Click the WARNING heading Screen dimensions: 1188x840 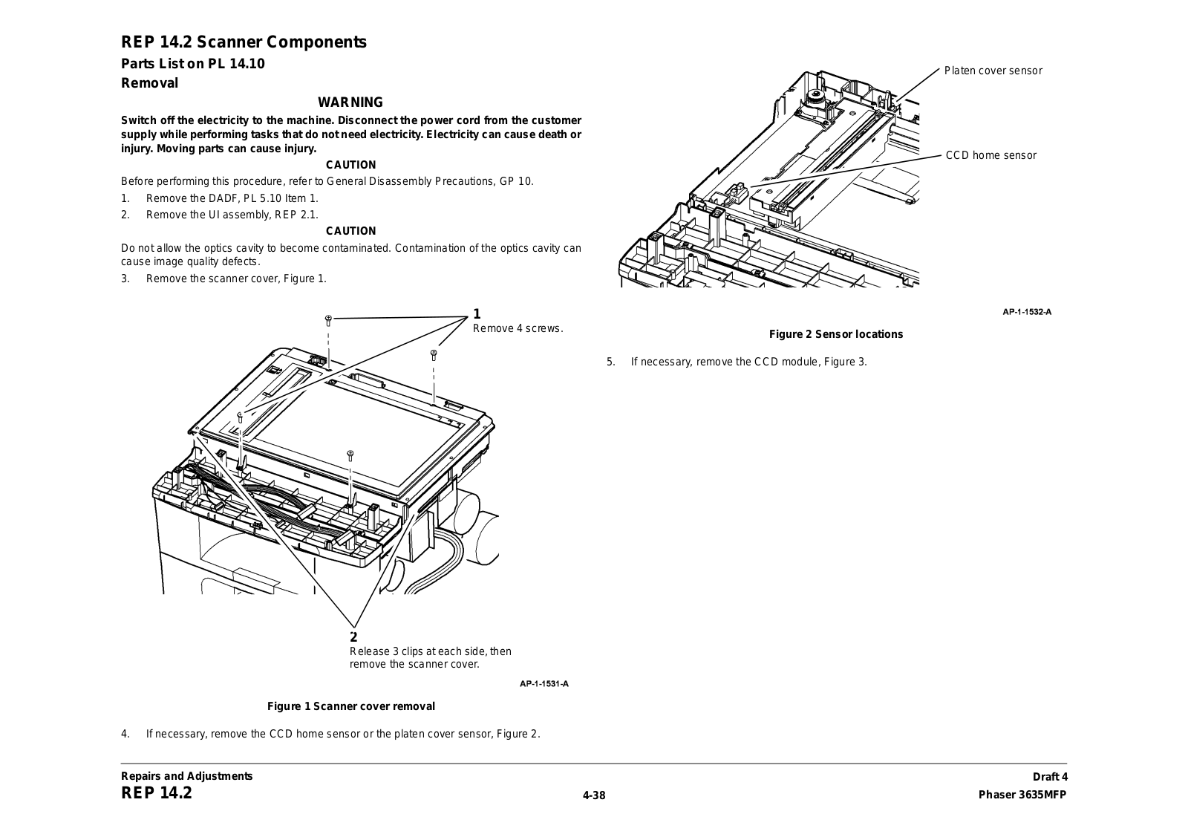coord(350,102)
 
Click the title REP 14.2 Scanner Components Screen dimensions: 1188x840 coord(244,42)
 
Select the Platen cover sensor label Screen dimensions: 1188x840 coord(993,71)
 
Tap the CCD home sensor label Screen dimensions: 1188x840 coord(990,155)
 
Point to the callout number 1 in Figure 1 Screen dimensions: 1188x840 coord(477,313)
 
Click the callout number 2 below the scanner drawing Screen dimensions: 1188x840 coord(353,636)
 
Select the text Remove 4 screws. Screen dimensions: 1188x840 coord(518,328)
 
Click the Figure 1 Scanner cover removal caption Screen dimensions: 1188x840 coord(350,706)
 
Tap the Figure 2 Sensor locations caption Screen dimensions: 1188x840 coord(836,334)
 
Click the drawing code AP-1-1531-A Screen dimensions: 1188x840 coord(544,683)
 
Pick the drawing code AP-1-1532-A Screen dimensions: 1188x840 coord(1027,312)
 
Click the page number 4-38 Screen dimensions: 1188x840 coord(594,795)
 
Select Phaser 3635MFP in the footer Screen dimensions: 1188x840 coord(1022,795)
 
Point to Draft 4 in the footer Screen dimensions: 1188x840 coord(1050,777)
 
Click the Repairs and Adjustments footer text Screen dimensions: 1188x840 coord(186,776)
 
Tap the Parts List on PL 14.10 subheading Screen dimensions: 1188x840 coord(193,64)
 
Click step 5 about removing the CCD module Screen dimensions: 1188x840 coord(737,362)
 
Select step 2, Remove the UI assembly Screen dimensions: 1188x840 coord(220,215)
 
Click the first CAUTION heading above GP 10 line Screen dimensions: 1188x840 coord(350,165)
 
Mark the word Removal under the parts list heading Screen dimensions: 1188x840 coord(149,83)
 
